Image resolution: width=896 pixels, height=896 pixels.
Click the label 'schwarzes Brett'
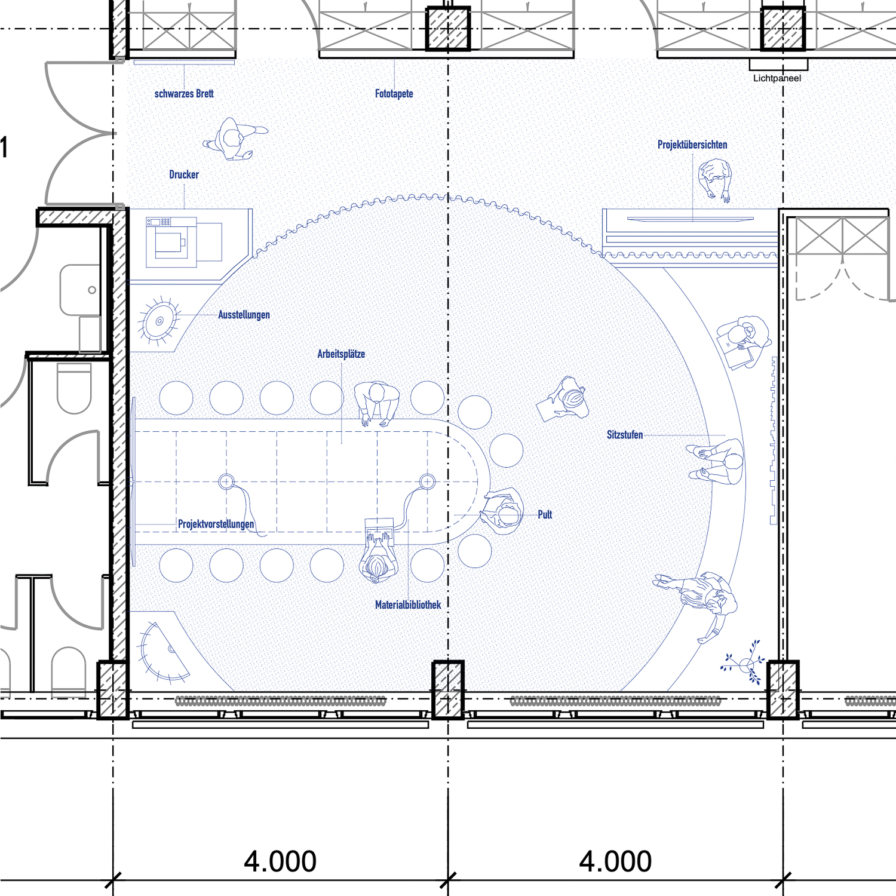click(184, 94)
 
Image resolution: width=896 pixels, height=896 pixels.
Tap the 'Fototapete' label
click(394, 94)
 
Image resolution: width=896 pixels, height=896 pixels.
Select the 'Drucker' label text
click(184, 174)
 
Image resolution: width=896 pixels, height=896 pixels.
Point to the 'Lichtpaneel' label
click(777, 78)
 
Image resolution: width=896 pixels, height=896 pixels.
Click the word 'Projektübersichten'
click(692, 145)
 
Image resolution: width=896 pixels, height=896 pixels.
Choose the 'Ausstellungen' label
click(244, 315)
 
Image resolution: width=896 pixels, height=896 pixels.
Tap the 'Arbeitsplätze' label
click(341, 354)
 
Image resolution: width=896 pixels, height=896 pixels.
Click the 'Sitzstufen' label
click(625, 435)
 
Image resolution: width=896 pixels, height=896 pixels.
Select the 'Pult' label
click(545, 514)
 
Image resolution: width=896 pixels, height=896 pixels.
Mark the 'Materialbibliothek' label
click(408, 605)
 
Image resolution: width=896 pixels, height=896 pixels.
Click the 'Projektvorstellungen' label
click(216, 524)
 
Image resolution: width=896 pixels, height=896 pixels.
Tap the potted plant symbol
click(744, 662)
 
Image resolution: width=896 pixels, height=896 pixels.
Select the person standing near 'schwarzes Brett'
click(235, 139)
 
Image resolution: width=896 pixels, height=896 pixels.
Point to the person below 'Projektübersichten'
click(715, 180)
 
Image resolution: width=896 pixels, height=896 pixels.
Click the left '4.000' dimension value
click(280, 861)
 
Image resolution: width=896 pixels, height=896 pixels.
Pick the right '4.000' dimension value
click(615, 861)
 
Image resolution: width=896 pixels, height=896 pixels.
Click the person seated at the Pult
click(502, 511)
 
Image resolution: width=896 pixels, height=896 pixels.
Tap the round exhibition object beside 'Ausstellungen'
click(159, 321)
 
